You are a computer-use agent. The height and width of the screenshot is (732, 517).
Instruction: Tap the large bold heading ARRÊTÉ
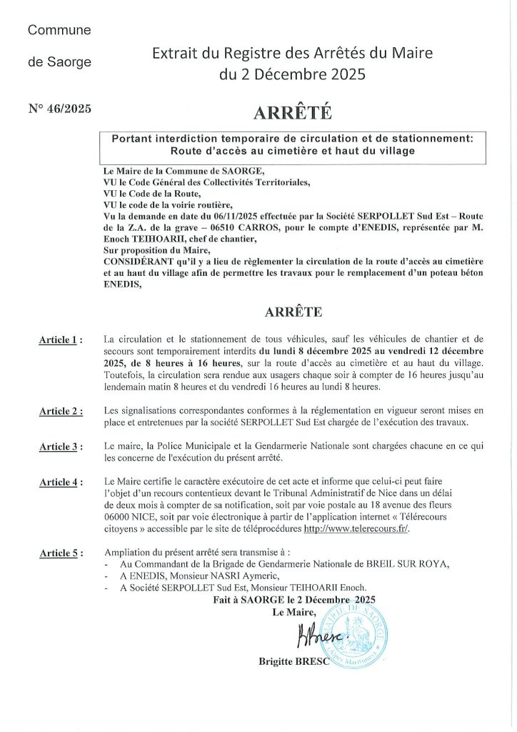[x=293, y=113]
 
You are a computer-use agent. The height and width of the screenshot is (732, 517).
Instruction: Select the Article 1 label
[x=60, y=340]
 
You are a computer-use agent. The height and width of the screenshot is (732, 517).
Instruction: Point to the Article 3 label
[x=60, y=447]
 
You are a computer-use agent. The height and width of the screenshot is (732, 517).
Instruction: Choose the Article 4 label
[x=60, y=483]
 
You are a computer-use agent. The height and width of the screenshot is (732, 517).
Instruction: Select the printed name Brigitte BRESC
[x=293, y=662]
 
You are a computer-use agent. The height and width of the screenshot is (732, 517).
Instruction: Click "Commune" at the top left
[x=59, y=30]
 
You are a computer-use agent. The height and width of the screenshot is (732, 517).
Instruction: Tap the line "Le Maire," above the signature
[x=293, y=613]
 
